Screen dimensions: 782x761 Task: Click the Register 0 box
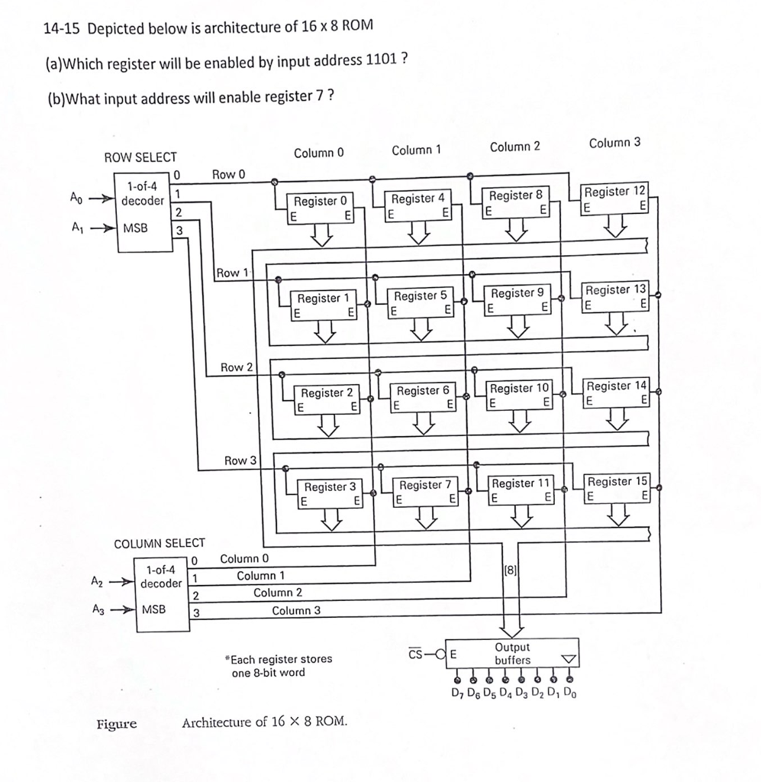pyautogui.click(x=321, y=208)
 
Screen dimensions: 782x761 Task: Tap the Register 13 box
pyautogui.click(x=616, y=296)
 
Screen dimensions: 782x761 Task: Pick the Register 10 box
pyautogui.click(x=521, y=395)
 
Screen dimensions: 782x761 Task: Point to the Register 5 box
pyautogui.click(x=421, y=302)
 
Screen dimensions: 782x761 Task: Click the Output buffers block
pyautogui.click(x=512, y=654)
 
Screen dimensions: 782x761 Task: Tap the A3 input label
pyautogui.click(x=97, y=609)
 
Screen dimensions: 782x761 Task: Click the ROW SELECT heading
pyautogui.click(x=140, y=157)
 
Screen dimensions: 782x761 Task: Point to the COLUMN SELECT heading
pyautogui.click(x=159, y=543)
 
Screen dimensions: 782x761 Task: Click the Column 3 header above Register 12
pyautogui.click(x=614, y=143)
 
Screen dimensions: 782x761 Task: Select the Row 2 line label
pyautogui.click(x=237, y=367)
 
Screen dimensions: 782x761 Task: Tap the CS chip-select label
pyautogui.click(x=415, y=654)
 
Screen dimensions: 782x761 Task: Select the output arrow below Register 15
pyautogui.click(x=618, y=517)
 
